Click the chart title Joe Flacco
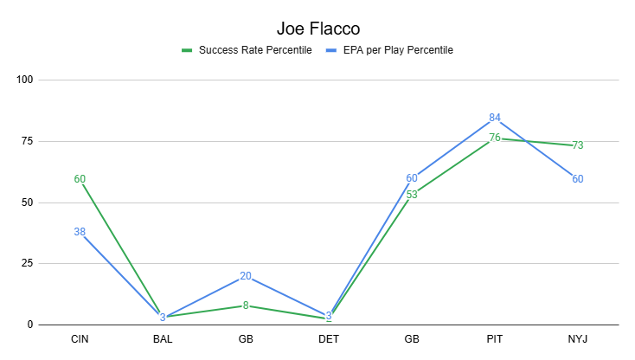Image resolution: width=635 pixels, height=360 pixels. (x=317, y=29)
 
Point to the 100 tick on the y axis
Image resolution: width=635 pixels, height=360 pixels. (x=24, y=80)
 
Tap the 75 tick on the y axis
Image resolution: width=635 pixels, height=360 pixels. (x=27, y=142)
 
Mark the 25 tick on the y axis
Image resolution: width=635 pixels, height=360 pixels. (x=27, y=264)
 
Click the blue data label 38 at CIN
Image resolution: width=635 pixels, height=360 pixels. (x=80, y=232)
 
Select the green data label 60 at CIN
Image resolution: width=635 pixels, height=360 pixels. (x=80, y=179)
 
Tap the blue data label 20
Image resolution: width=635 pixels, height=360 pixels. (x=246, y=276)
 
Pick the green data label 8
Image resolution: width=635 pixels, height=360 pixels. (x=246, y=305)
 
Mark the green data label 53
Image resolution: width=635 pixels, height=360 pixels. (x=412, y=195)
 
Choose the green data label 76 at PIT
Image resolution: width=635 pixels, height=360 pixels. (x=495, y=138)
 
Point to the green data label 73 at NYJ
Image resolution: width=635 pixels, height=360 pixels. (x=578, y=145)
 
